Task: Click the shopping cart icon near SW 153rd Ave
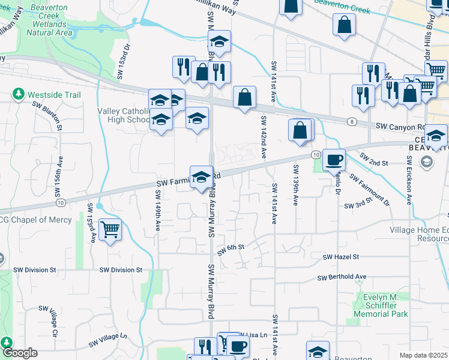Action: [110, 230]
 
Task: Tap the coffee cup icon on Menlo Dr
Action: [334, 160]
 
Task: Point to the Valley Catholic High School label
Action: [123, 115]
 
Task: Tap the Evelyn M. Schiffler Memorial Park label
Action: [388, 305]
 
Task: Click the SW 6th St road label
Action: [231, 248]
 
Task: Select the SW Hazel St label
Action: [340, 257]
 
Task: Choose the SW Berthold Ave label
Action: [342, 277]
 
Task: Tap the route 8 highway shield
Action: [349, 122]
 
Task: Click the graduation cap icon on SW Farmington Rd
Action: [202, 177]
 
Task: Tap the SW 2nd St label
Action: [375, 160]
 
